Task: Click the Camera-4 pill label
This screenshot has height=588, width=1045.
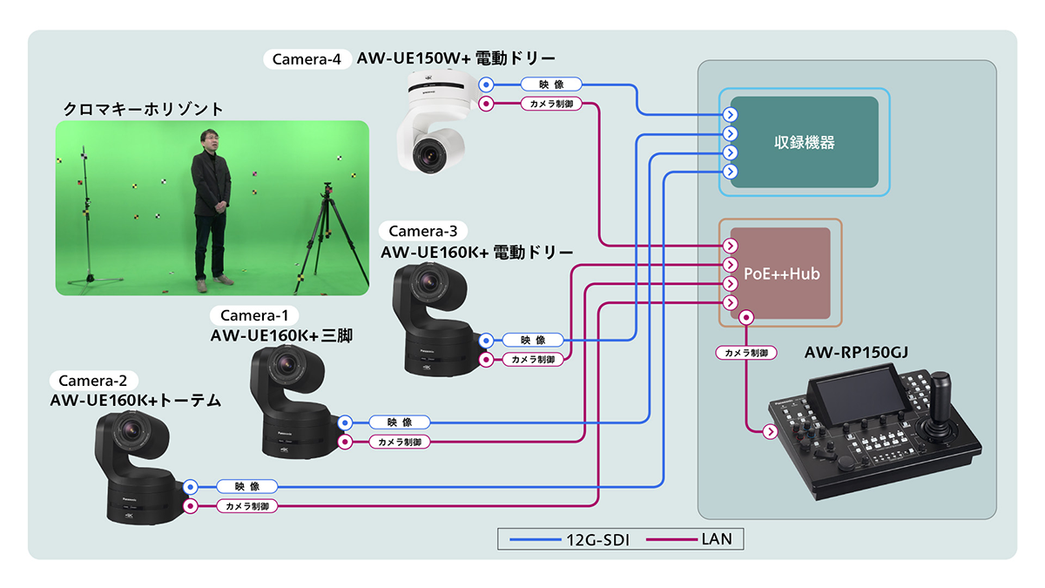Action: click(x=306, y=59)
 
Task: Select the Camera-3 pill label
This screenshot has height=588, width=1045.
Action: click(x=422, y=231)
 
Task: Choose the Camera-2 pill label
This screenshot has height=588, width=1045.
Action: click(x=93, y=381)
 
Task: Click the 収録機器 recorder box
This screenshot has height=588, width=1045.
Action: click(x=804, y=142)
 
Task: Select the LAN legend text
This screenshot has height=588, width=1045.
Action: click(x=716, y=540)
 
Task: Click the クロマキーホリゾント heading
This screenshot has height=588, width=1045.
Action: click(x=143, y=110)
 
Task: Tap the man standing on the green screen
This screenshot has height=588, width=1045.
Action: click(x=211, y=206)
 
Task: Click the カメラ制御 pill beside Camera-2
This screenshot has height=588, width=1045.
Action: click(x=246, y=506)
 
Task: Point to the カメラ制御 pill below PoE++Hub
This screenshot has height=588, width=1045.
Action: click(x=746, y=354)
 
